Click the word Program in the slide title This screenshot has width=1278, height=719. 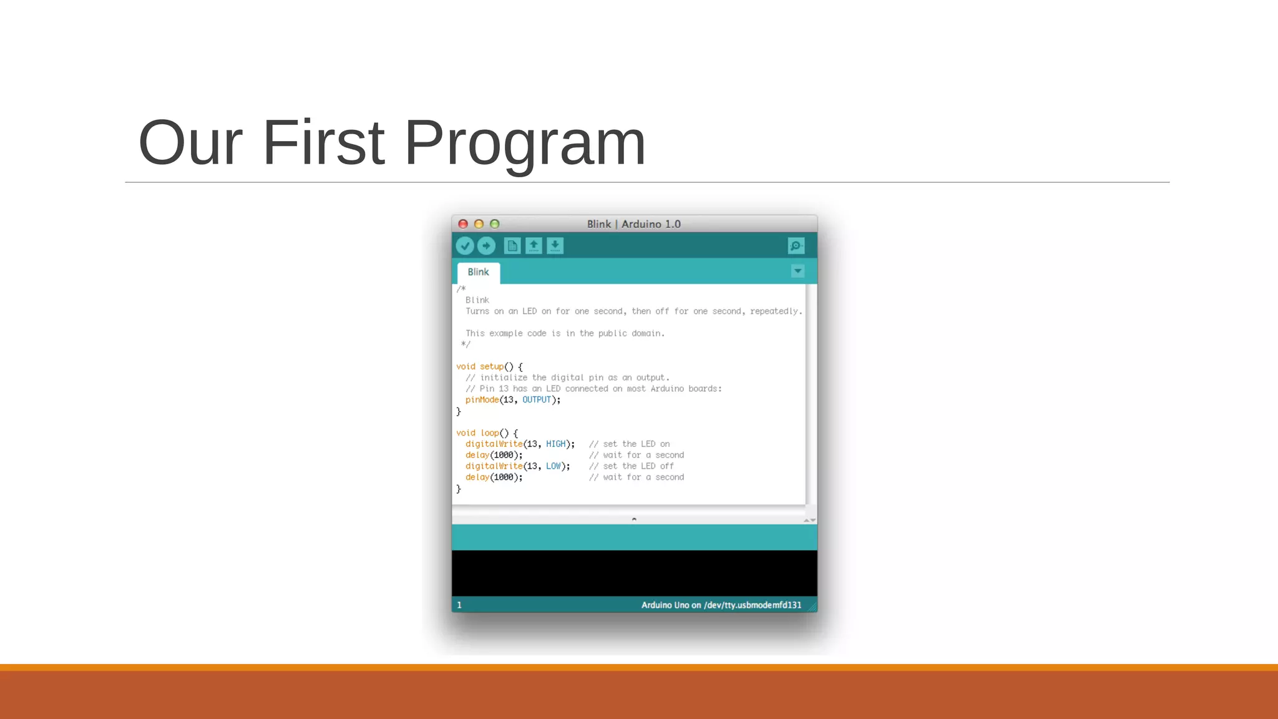524,144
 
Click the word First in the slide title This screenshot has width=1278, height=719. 323,144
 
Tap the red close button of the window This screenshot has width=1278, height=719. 463,224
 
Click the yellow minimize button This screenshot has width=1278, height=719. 479,224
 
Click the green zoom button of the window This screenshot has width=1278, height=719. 495,224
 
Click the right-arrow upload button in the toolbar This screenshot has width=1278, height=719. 486,246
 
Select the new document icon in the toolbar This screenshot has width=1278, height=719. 512,246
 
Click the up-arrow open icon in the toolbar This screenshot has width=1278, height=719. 534,246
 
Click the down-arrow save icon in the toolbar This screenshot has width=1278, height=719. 555,246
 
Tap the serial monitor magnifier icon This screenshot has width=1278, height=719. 796,246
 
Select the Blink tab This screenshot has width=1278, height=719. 478,272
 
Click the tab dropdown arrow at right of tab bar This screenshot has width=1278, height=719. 798,271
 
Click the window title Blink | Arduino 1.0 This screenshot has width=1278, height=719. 633,224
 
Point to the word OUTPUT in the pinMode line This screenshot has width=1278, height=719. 537,400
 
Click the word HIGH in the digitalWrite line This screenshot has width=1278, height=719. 555,444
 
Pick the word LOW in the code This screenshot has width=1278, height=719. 553,466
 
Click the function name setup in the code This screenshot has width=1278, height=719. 491,367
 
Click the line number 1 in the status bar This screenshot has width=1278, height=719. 459,605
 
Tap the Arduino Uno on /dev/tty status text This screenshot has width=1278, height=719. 721,605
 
